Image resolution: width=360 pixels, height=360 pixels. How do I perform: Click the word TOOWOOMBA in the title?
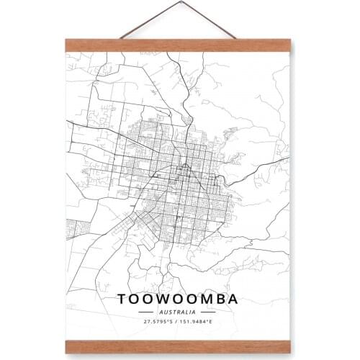tap(179, 298)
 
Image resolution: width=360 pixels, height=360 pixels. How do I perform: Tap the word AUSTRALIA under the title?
tap(179, 312)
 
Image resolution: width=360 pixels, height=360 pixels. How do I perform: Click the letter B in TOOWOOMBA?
tap(222, 298)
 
